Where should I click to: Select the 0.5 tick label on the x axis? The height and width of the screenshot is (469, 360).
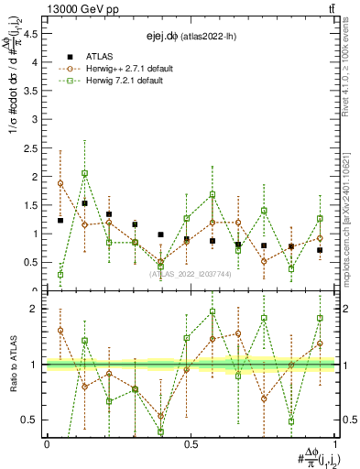pyautogui.click(x=191, y=444)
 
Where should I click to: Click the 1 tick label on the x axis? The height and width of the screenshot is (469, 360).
pyautogui.click(x=335, y=444)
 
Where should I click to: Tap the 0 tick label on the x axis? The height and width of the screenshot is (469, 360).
pyautogui.click(x=47, y=444)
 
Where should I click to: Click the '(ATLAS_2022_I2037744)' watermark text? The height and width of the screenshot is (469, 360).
pyautogui.click(x=191, y=273)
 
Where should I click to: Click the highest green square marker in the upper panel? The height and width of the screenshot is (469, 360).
pyautogui.click(x=84, y=173)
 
